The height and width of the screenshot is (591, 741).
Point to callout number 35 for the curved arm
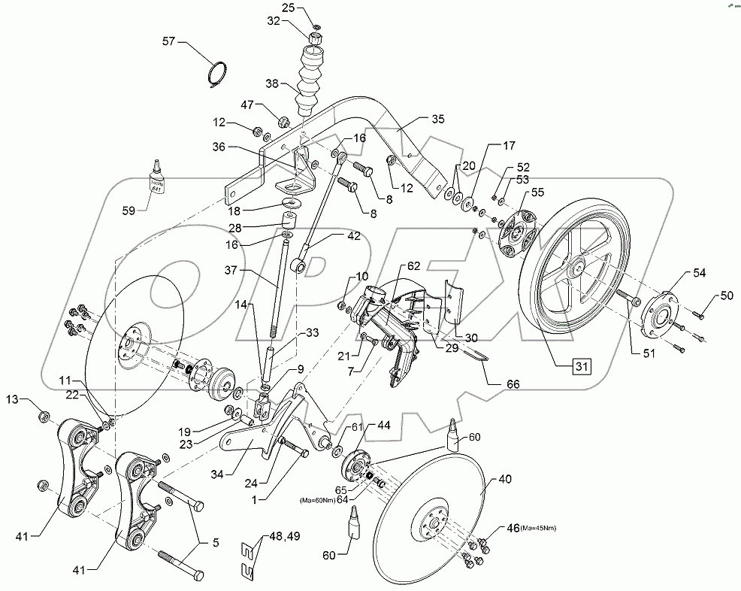click(x=438, y=119)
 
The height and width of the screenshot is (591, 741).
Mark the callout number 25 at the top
click(x=289, y=8)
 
